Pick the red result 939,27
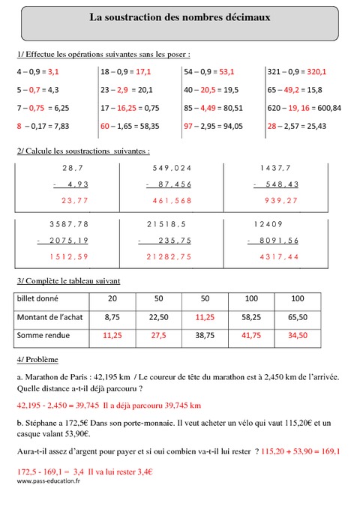point(283,200)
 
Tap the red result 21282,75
point(171,257)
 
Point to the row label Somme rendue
point(42,337)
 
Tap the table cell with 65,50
point(297,317)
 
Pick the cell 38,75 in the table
point(205,337)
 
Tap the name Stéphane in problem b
point(42,424)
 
